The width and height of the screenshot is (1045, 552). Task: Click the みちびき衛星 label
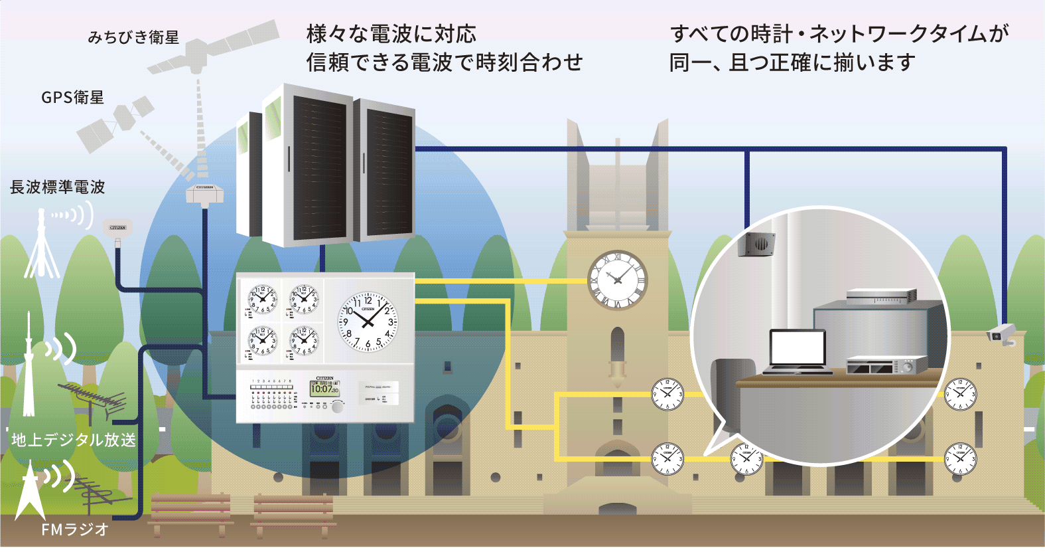[x=133, y=37]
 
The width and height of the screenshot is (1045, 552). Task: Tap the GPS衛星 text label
[x=73, y=98]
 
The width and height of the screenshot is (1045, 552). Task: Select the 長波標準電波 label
[x=58, y=187]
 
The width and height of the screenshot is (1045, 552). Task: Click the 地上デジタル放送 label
[x=74, y=440]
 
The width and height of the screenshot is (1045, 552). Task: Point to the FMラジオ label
[x=74, y=529]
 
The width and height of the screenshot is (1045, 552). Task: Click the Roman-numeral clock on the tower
[x=617, y=280]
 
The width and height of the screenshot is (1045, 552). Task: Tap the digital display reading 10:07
[x=324, y=389]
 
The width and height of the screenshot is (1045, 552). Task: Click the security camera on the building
[x=1001, y=333]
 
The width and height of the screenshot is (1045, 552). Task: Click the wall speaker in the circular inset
[x=757, y=244]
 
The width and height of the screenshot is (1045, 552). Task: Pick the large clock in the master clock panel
[x=368, y=322]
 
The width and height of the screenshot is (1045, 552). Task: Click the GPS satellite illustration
[x=115, y=124]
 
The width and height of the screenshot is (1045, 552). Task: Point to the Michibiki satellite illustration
[x=212, y=47]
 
